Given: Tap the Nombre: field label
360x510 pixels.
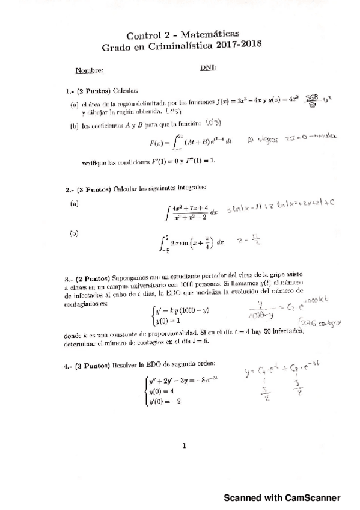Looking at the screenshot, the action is (89, 70).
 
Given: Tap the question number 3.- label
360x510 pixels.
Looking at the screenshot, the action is (69, 279).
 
